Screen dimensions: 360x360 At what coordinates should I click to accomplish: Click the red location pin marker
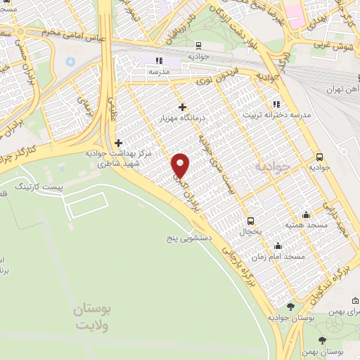pos(181,165)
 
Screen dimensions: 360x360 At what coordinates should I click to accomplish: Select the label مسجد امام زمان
pos(284,257)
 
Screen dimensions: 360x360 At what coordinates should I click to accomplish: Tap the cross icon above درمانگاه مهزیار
pos(183,107)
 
